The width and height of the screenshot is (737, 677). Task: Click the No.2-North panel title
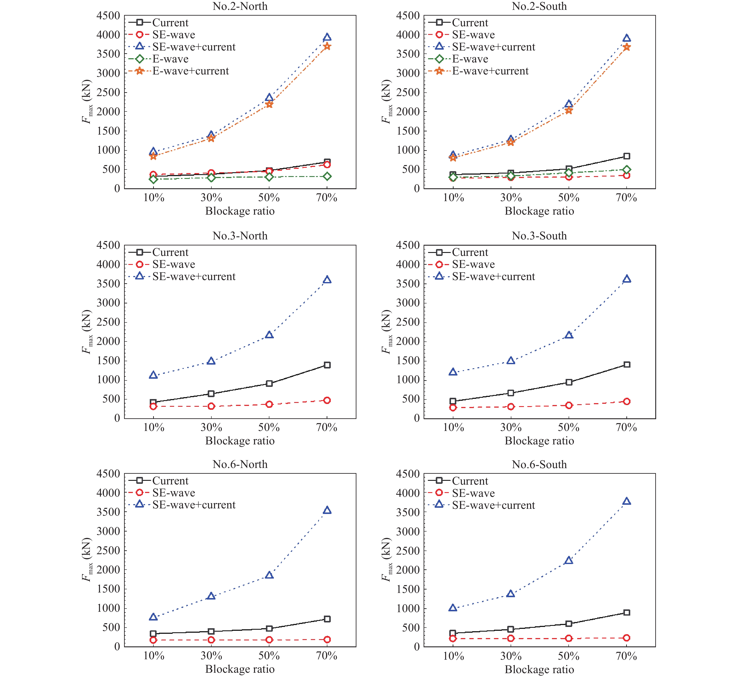pos(240,6)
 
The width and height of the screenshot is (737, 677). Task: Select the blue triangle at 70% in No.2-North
pos(327,37)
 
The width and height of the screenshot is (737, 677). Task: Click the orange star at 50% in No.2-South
pos(568,110)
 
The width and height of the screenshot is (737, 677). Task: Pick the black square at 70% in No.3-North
pos(327,365)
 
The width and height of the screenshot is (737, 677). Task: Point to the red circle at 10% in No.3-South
pos(453,407)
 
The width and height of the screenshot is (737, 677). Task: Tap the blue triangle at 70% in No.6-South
pos(627,501)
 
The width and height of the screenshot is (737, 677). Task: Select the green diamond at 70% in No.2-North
pos(327,177)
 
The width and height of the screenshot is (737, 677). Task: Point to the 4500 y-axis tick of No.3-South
pos(408,245)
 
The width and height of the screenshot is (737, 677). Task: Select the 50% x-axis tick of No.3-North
pos(269,428)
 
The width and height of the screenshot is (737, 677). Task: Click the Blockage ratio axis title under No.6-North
pos(240,669)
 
